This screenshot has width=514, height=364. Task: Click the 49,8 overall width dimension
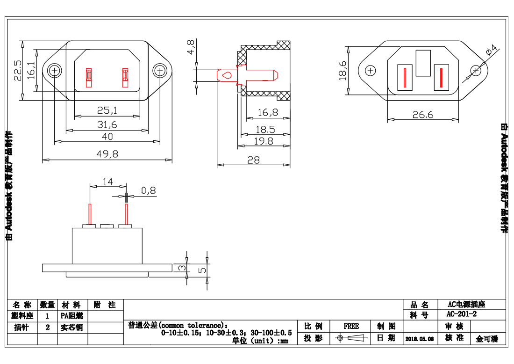click(x=107, y=154)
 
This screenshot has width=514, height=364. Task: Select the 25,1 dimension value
click(x=107, y=111)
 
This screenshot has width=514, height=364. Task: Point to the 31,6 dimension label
click(x=107, y=124)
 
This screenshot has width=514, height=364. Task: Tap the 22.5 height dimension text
click(x=18, y=70)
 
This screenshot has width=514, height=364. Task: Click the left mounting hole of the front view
click(x=55, y=71)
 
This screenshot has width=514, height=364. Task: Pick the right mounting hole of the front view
click(x=160, y=71)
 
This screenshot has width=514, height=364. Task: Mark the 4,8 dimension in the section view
click(x=191, y=47)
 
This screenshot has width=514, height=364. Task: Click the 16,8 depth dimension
click(x=268, y=112)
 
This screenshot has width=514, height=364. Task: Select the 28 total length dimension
click(x=253, y=160)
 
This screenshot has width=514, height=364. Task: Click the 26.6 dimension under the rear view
click(x=423, y=115)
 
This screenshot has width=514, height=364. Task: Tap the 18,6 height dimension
click(x=343, y=71)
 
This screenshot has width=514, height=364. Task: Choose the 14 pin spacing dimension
click(x=108, y=182)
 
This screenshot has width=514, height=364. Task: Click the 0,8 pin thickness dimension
click(x=148, y=190)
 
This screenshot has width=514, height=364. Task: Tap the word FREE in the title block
click(x=351, y=326)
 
